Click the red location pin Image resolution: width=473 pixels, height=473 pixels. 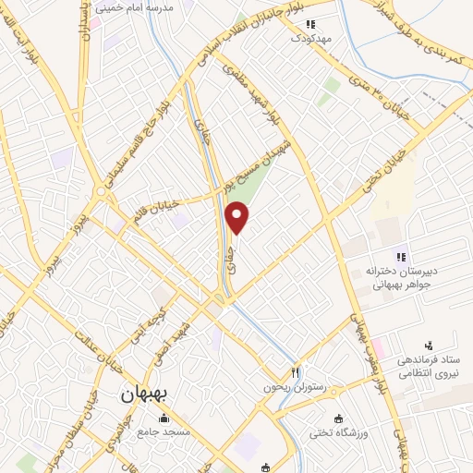coord(238,218)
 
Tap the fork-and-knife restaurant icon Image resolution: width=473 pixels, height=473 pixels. coord(296,371)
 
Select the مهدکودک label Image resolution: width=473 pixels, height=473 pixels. coord(309,39)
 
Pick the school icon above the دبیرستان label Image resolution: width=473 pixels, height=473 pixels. coord(402,256)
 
